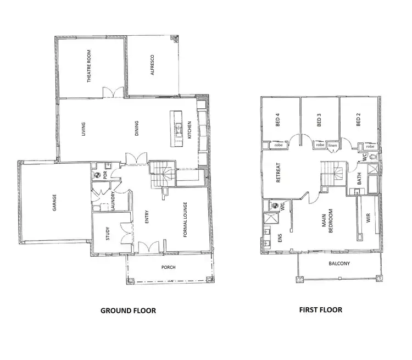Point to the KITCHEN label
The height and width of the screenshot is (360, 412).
point(190,130)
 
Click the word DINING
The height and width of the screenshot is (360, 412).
point(136,129)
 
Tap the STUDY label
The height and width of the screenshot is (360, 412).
point(108,235)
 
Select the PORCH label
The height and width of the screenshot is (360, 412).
point(168,268)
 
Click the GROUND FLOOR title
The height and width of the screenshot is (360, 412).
point(128,311)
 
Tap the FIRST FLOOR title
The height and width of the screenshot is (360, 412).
point(321,310)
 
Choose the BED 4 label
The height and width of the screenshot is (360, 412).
point(277,120)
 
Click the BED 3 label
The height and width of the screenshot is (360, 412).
point(319,120)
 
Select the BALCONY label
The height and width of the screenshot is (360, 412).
point(339,263)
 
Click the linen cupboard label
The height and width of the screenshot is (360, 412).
point(333,146)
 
